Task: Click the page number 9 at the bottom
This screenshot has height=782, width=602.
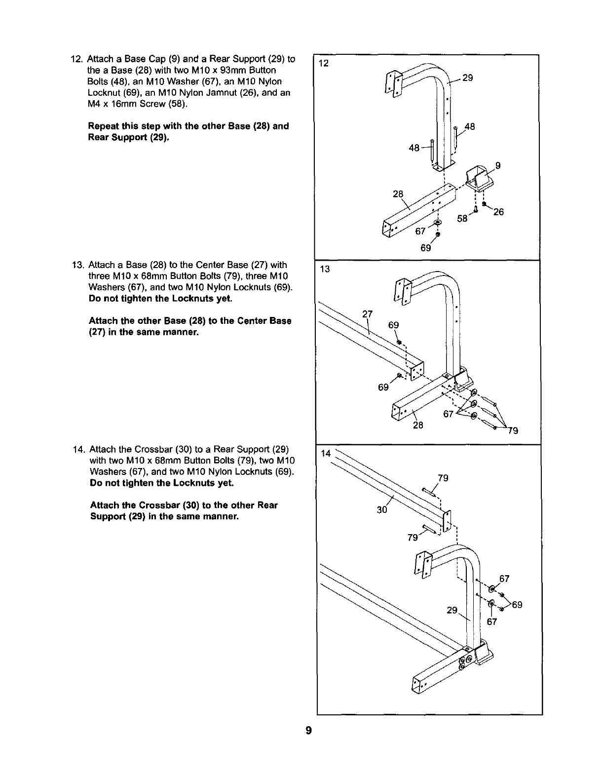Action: [308, 730]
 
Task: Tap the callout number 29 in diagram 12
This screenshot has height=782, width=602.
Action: [468, 78]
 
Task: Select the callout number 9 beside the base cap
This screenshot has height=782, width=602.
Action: [498, 166]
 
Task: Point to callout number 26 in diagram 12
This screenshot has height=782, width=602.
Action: [498, 212]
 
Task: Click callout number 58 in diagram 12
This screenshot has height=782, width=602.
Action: [462, 218]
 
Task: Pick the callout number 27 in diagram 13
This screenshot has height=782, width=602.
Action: [367, 313]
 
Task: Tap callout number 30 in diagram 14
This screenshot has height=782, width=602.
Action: [381, 509]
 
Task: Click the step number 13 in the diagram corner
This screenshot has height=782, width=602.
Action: [325, 269]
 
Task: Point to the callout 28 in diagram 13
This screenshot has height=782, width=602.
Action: [418, 425]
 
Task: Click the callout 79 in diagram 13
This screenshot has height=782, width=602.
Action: [513, 431]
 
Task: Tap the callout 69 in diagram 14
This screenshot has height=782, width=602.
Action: [517, 605]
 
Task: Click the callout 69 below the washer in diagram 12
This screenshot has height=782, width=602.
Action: [426, 248]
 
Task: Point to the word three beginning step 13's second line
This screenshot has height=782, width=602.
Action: [100, 275]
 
